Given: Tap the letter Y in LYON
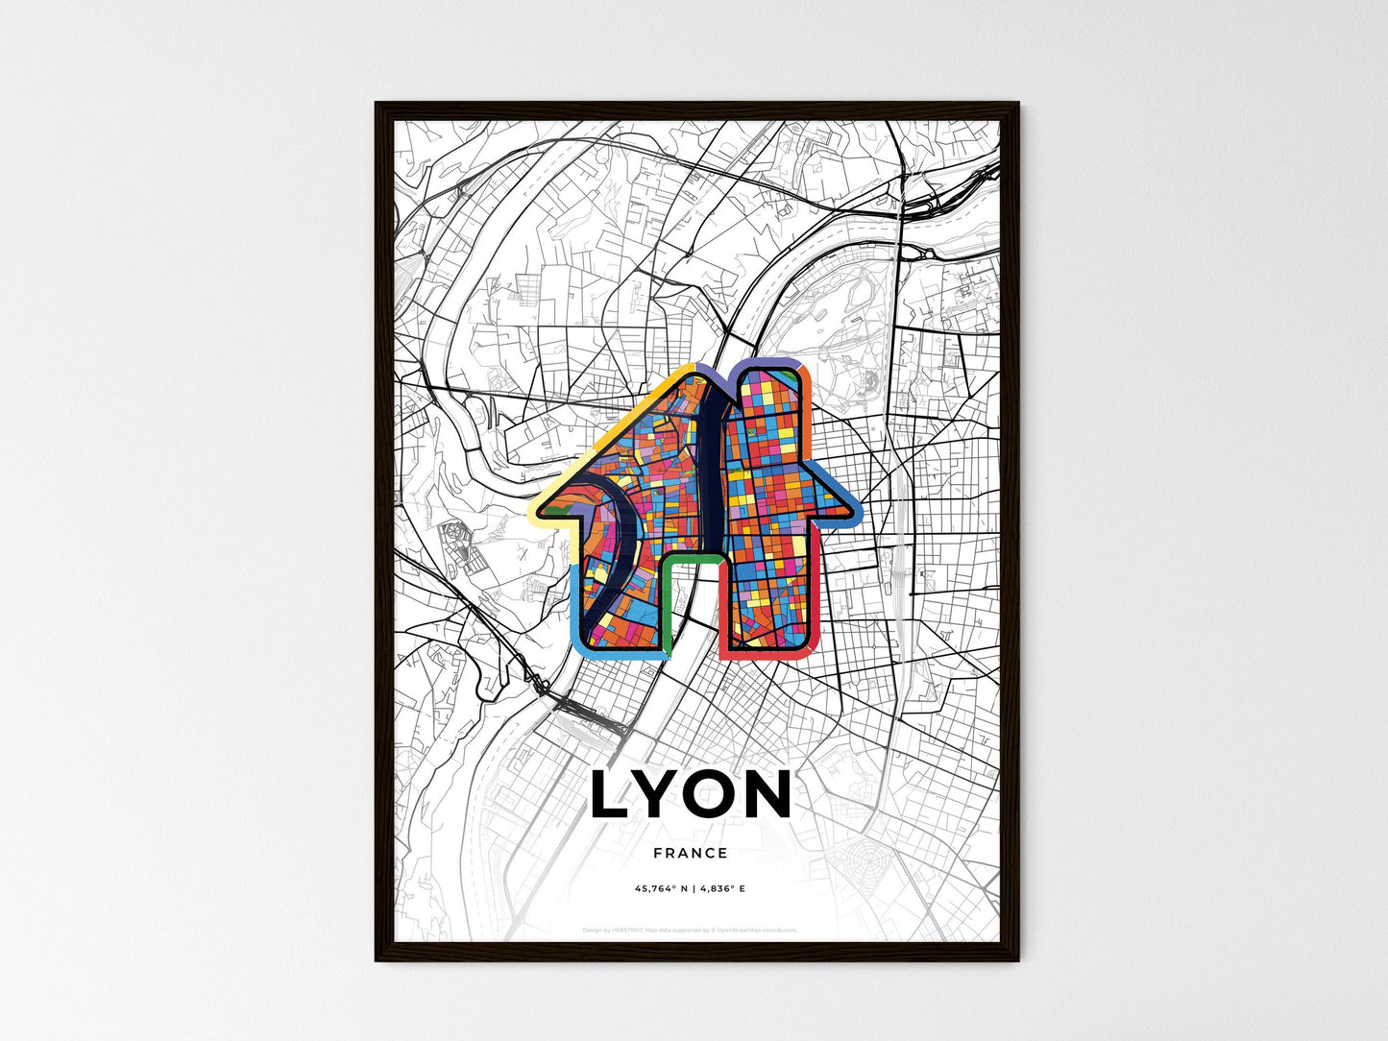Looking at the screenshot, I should coord(661,795).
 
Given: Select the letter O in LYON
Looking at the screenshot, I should coord(716,795).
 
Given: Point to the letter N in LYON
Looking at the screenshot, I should coord(769,795).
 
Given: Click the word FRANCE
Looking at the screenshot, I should coord(690,853).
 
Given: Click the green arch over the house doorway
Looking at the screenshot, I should coord(691,556).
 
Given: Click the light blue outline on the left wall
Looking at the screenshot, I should coord(576,605).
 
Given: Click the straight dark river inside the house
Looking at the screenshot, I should coord(712,451).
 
